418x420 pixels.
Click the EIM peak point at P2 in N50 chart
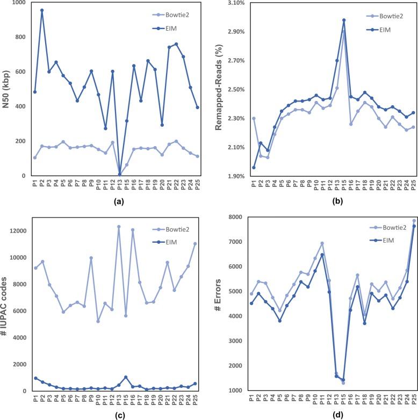click(42, 10)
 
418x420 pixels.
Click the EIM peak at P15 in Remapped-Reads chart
click(344, 20)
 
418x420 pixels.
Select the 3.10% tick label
click(234, 3)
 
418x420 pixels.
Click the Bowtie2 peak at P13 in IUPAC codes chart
click(119, 227)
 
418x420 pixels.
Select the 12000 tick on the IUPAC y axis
click(19, 231)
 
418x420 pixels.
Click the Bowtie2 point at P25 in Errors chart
click(414, 220)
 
